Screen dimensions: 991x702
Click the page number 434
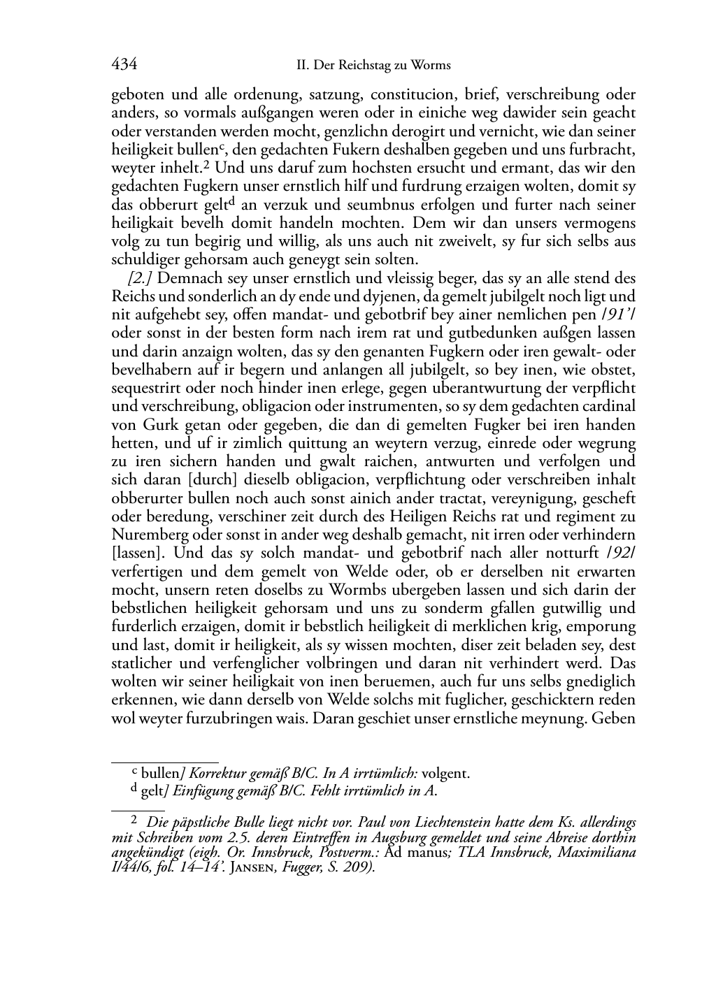click(x=124, y=65)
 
